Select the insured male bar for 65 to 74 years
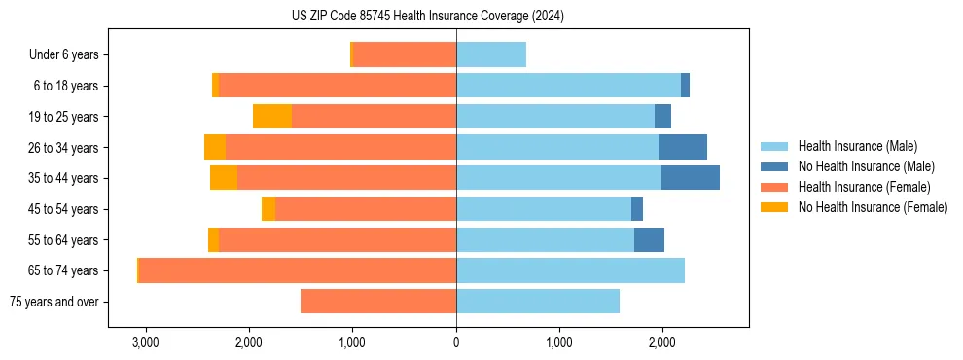click(570, 270)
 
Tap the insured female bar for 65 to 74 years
click(298, 270)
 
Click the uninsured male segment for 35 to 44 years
click(691, 178)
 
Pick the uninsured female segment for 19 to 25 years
click(272, 117)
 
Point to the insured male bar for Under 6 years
click(491, 54)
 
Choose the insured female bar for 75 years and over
click(378, 302)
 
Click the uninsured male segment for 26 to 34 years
click(683, 147)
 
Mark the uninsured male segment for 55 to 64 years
click(649, 239)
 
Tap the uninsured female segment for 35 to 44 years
click(224, 178)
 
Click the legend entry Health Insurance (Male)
click(857, 146)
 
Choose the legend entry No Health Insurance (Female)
click(873, 207)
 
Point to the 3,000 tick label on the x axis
click(145, 343)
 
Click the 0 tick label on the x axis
click(456, 343)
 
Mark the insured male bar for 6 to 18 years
click(568, 86)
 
